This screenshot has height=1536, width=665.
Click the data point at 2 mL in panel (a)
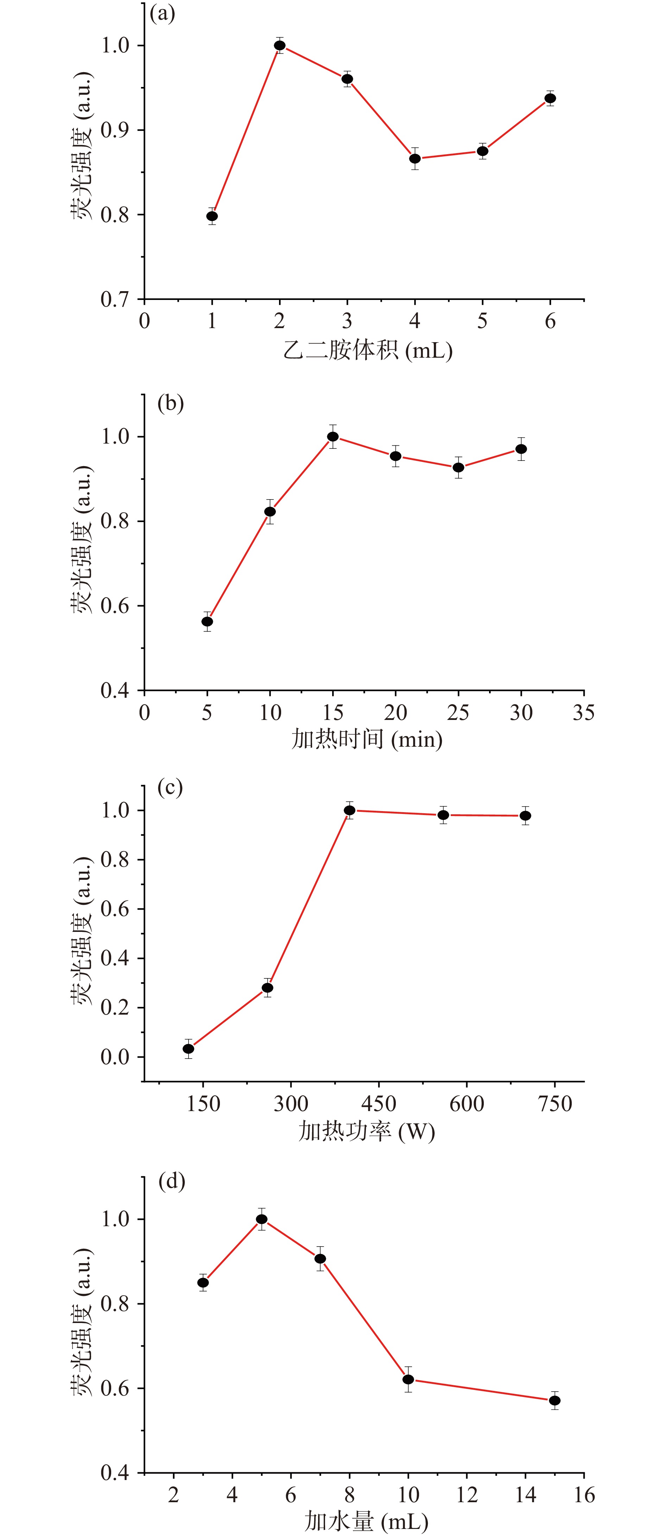pyautogui.click(x=279, y=45)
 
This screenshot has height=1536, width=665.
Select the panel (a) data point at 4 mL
pyautogui.click(x=415, y=159)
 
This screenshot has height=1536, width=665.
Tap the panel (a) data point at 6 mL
pyautogui.click(x=550, y=98)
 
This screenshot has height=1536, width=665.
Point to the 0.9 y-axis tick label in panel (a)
pyautogui.click(x=115, y=130)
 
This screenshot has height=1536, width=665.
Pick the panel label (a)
pyautogui.click(x=163, y=13)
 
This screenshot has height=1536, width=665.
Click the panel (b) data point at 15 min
pyautogui.click(x=332, y=437)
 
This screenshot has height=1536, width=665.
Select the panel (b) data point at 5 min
pyautogui.click(x=207, y=621)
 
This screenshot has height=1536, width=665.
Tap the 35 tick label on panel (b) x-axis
pyautogui.click(x=583, y=713)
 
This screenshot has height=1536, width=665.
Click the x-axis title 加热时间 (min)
pyautogui.click(x=367, y=739)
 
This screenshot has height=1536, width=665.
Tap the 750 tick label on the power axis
pyautogui.click(x=555, y=1104)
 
